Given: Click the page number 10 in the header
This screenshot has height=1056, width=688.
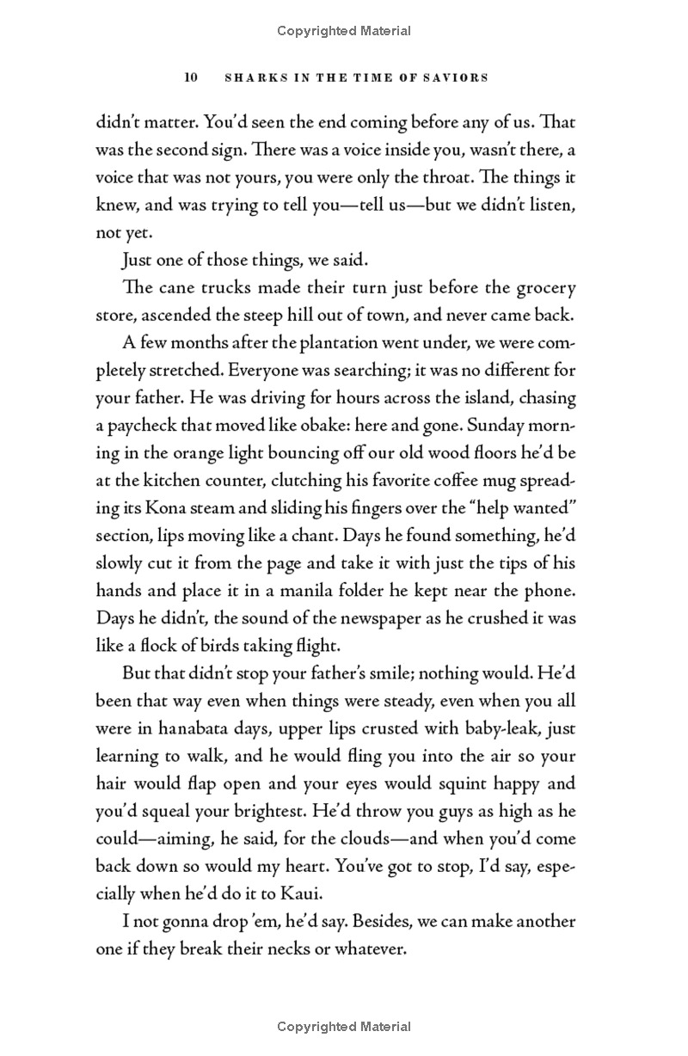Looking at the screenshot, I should point(191,77).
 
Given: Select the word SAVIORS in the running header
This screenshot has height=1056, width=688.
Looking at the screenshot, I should point(457,77).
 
